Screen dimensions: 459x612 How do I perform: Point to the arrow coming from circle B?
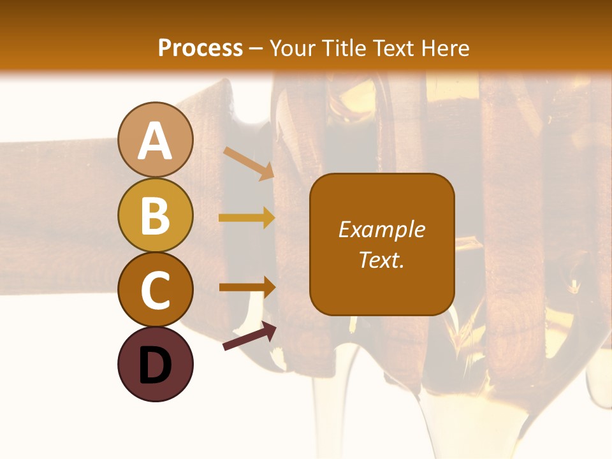point(247,217)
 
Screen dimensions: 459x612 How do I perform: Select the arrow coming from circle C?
point(247,286)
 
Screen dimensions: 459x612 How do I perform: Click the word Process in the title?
point(200,48)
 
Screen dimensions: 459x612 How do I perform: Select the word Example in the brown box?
point(381,229)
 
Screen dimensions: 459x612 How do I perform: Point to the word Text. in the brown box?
point(381,260)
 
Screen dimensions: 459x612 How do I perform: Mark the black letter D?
point(156,365)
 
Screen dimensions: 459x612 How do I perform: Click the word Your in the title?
point(292,48)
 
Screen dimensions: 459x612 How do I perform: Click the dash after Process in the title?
point(256,48)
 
